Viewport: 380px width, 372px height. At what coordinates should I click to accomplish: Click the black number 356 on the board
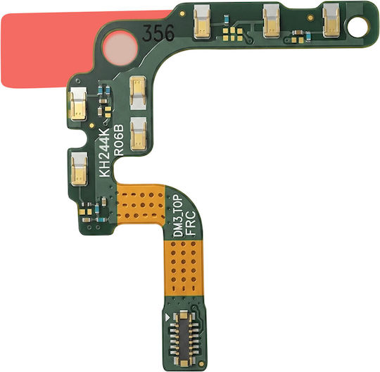pyautogui.click(x=158, y=32)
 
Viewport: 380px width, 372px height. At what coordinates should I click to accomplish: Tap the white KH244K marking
pyautogui.click(x=105, y=152)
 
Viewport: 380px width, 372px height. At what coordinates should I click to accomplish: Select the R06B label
pyautogui.click(x=119, y=140)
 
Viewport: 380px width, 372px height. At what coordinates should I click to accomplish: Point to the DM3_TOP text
pyautogui.click(x=179, y=216)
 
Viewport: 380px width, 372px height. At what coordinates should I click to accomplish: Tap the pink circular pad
pyautogui.click(x=120, y=48)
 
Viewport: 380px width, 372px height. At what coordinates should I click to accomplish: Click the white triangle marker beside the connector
pyautogui.click(x=167, y=317)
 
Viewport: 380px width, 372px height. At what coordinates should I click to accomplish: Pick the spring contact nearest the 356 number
pyautogui.click(x=202, y=23)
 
